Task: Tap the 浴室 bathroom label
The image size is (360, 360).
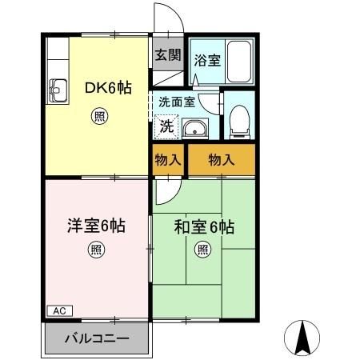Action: (x=210, y=60)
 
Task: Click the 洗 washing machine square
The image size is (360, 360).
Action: (x=166, y=125)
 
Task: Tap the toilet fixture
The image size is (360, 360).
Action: (x=238, y=120)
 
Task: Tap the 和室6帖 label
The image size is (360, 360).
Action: (x=204, y=226)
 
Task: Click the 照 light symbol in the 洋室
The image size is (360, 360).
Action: (x=95, y=251)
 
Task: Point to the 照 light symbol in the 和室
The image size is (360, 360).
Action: (x=203, y=251)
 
